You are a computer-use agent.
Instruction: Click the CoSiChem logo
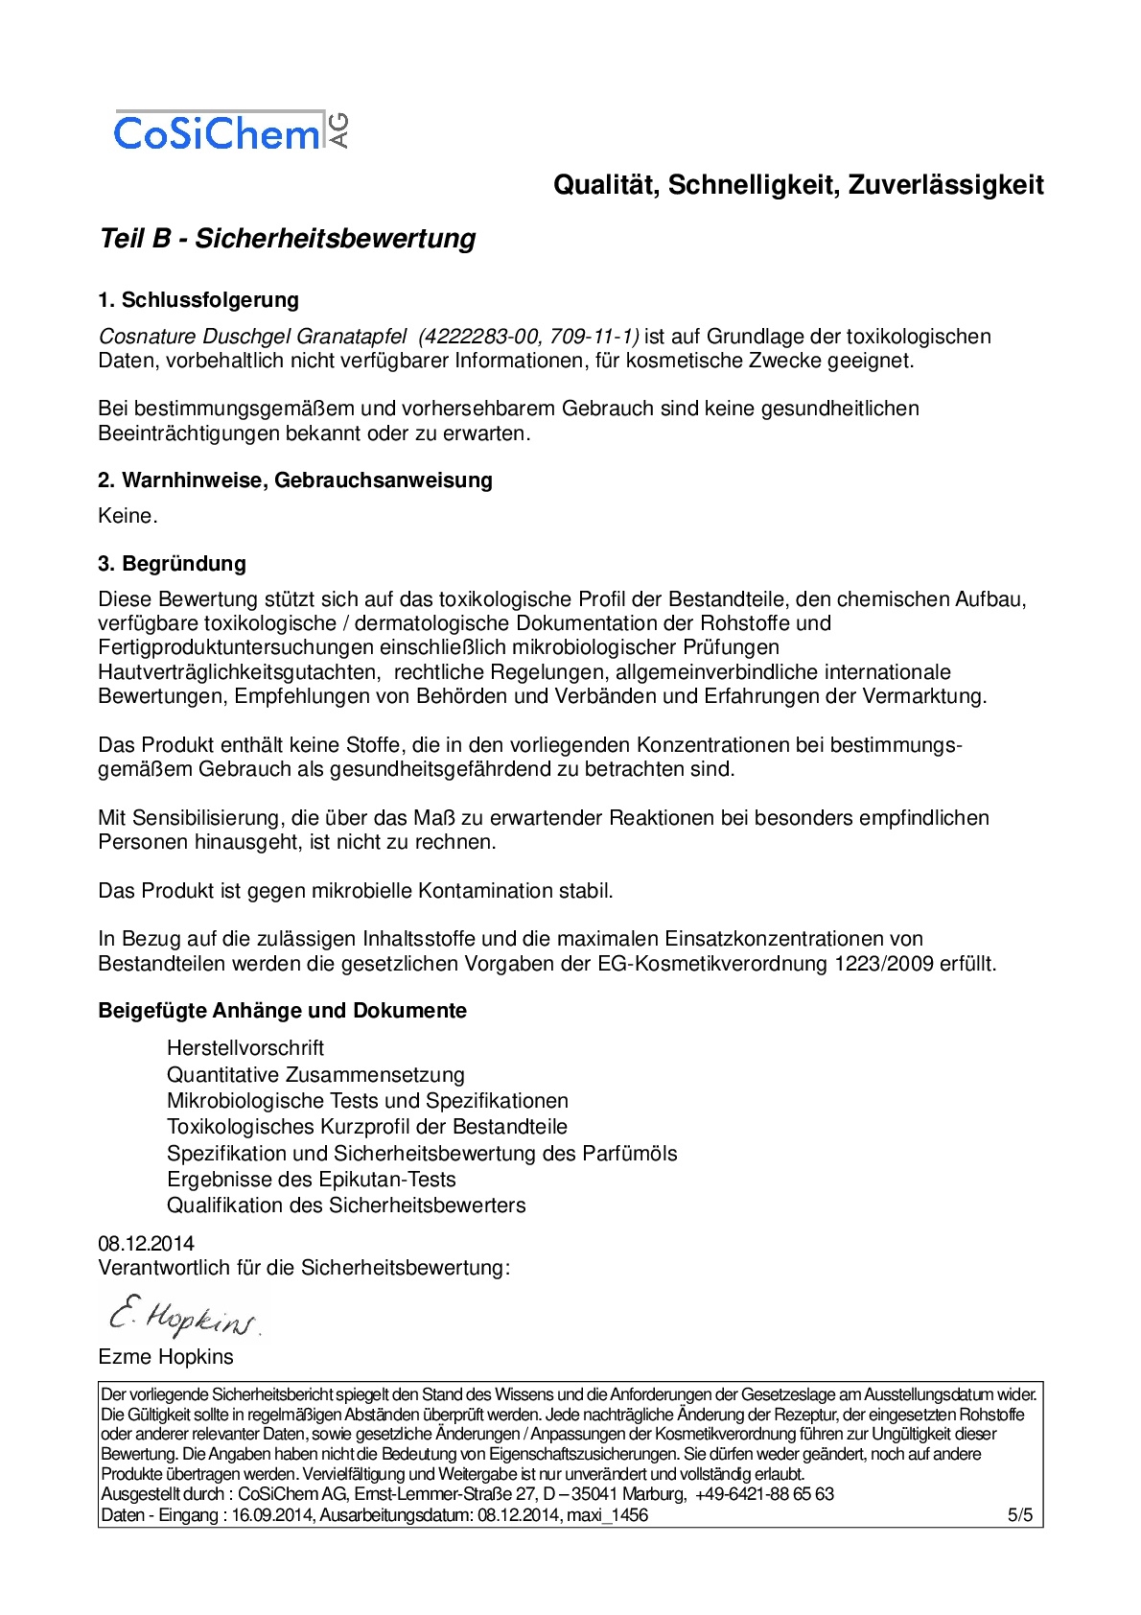230,131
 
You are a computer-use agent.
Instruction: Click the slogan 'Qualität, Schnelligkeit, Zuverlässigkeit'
798,185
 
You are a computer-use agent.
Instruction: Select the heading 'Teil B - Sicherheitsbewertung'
288,239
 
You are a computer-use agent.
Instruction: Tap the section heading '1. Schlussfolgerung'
198,300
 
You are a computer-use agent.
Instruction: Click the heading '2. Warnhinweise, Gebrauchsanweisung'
295,480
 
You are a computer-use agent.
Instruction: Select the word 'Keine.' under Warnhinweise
128,516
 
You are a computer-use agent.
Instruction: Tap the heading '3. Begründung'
172,564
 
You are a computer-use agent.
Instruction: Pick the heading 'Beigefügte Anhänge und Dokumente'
283,1011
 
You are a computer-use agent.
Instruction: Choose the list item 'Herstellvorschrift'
245,1048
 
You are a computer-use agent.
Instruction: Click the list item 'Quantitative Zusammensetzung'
315,1075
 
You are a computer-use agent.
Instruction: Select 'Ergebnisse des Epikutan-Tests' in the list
312,1180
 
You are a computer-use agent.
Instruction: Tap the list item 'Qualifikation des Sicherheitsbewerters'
346,1205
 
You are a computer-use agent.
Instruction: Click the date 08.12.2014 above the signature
146,1244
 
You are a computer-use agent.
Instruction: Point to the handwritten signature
182,1317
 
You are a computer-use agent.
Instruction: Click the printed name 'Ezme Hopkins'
166,1357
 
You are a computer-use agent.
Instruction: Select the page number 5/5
1020,1515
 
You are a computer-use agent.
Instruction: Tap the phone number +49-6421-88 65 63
764,1494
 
